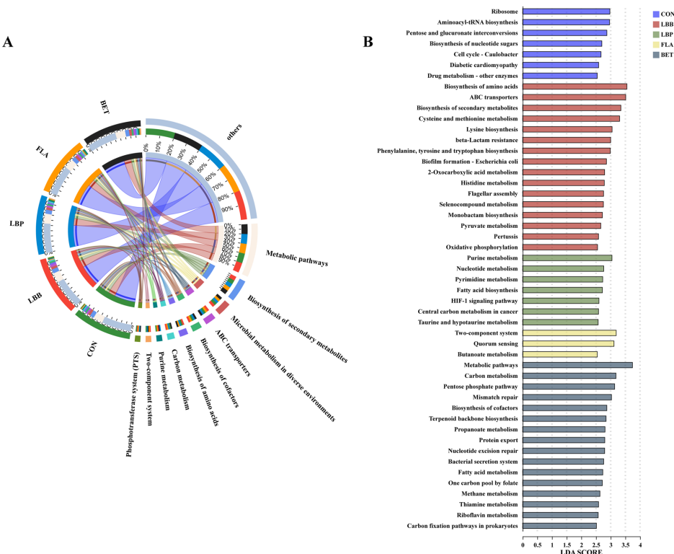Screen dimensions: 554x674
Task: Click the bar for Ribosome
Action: click(566, 12)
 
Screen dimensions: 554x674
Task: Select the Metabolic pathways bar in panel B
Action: click(577, 365)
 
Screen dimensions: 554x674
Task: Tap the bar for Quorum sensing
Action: click(568, 343)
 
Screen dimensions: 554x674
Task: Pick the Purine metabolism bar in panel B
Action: click(567, 258)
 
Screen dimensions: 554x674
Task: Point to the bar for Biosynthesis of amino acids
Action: click(575, 87)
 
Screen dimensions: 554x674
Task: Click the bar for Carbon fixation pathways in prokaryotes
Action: click(559, 526)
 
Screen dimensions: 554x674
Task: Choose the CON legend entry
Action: click(662, 14)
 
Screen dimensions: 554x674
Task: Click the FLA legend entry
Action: click(662, 44)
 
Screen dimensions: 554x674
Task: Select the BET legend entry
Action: click(662, 54)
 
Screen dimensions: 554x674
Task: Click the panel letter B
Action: click(368, 42)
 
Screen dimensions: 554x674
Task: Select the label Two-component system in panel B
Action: click(486, 333)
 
